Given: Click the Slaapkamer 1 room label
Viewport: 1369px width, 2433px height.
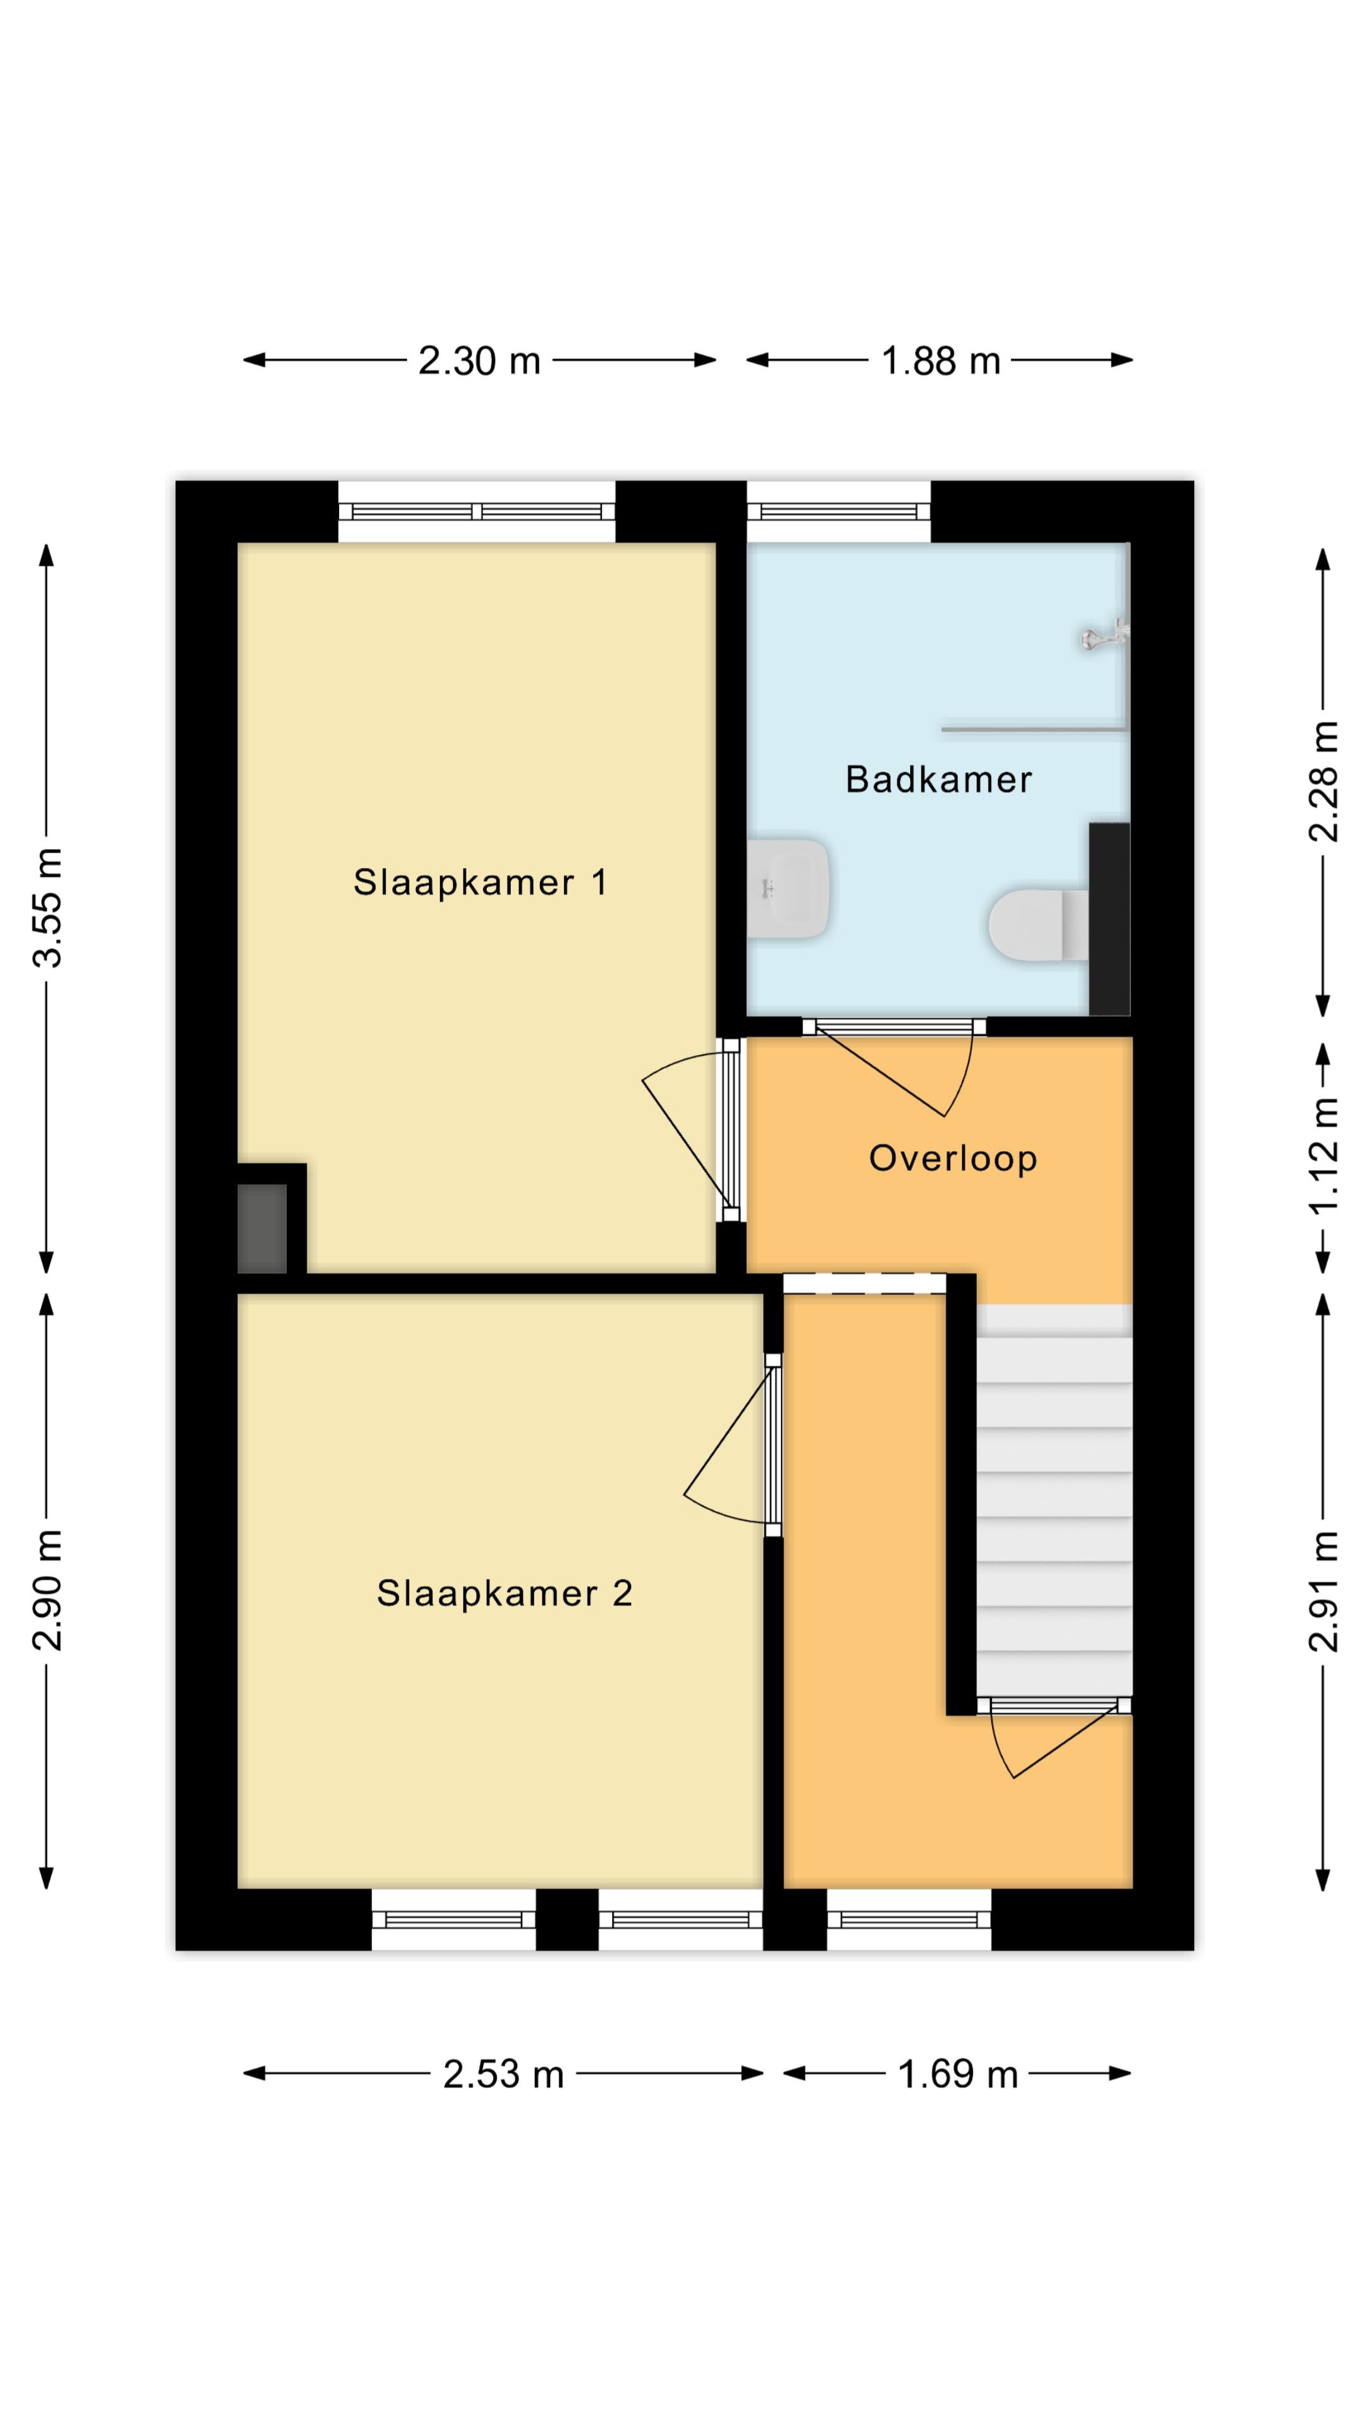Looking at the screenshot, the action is point(480,882).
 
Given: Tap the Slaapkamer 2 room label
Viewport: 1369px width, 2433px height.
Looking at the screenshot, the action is point(505,1593).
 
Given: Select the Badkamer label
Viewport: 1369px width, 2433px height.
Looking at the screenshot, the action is point(938,779).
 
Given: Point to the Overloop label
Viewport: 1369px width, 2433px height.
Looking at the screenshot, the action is point(953,1158).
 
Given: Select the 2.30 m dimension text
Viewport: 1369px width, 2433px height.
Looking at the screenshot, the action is point(479,361).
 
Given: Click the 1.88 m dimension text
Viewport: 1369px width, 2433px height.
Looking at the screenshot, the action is point(940,361).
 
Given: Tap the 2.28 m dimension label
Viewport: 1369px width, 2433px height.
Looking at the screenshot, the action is point(1323,781).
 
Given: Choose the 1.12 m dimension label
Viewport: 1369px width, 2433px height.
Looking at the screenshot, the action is point(1323,1156).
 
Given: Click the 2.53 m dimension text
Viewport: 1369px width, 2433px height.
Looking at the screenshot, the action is point(504,2074).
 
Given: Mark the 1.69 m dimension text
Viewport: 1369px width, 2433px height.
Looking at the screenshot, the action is point(957,2074).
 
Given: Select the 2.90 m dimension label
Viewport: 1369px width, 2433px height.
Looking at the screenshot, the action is point(48,1590).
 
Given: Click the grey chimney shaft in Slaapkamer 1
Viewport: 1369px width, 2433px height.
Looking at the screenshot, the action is point(262,1228).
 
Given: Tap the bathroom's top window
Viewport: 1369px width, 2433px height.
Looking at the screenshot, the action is point(839,511).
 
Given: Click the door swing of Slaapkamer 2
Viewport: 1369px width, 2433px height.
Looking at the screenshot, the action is point(728,1445).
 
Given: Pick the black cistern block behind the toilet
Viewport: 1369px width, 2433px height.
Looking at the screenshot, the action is point(1109,919).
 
